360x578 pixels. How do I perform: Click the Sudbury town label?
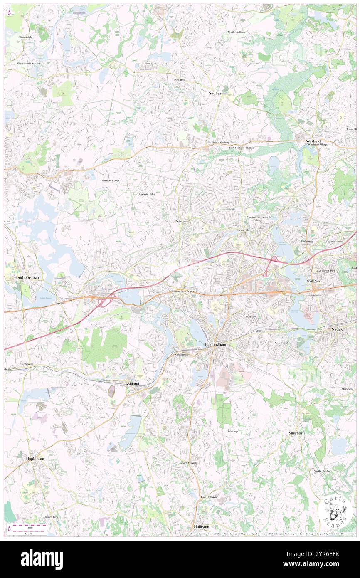point(216,94)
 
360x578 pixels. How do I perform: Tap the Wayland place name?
point(313,141)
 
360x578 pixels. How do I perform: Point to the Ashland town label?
point(132,383)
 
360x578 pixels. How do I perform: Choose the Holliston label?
point(202,526)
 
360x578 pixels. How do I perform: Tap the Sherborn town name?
point(297,433)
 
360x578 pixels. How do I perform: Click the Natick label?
point(337,329)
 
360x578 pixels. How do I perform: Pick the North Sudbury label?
point(236,32)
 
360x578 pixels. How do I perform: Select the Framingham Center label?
point(183,291)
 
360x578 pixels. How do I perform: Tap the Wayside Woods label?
point(111,180)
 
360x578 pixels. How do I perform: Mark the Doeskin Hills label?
point(147,194)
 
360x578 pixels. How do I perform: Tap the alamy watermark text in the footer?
point(42,559)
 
